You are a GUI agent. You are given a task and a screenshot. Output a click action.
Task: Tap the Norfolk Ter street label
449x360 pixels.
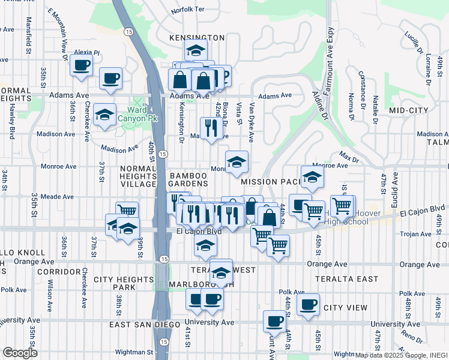click(187, 10)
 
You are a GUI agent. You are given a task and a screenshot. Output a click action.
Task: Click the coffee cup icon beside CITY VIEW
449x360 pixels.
click(308, 304)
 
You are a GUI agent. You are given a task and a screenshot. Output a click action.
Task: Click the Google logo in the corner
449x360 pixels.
click(20, 353)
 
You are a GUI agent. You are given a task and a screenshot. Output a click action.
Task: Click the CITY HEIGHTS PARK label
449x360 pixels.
click(124, 284)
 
